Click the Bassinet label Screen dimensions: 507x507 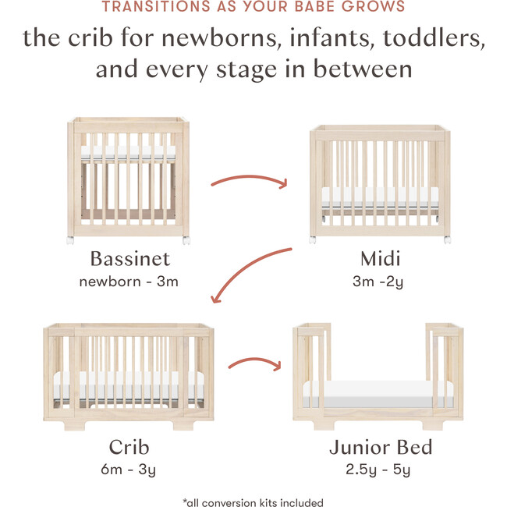[129, 259]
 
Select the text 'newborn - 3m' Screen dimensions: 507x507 [129, 281]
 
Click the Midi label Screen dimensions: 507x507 [379, 259]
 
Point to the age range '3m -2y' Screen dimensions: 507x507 [379, 281]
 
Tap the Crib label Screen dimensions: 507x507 [129, 447]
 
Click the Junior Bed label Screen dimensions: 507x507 [379, 447]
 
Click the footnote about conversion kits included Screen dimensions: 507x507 [253, 502]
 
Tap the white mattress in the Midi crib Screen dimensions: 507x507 [379, 194]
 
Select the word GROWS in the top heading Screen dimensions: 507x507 [380, 8]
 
